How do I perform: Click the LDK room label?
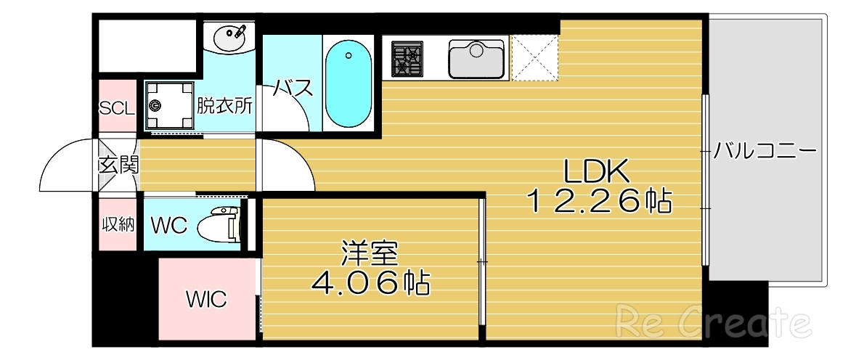point(596,171)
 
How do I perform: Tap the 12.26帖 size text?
point(598,201)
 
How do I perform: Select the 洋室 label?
point(370,254)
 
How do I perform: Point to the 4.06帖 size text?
point(370,284)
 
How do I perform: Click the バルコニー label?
point(765,152)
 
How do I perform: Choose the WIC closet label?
point(206,298)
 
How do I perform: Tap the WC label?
point(168,226)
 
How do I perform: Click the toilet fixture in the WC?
point(222,224)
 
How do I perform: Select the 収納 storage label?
point(118,224)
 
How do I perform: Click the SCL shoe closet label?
point(117,109)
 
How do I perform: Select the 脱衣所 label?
point(225,106)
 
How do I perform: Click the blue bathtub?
point(348,83)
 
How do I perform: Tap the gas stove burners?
point(407,57)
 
